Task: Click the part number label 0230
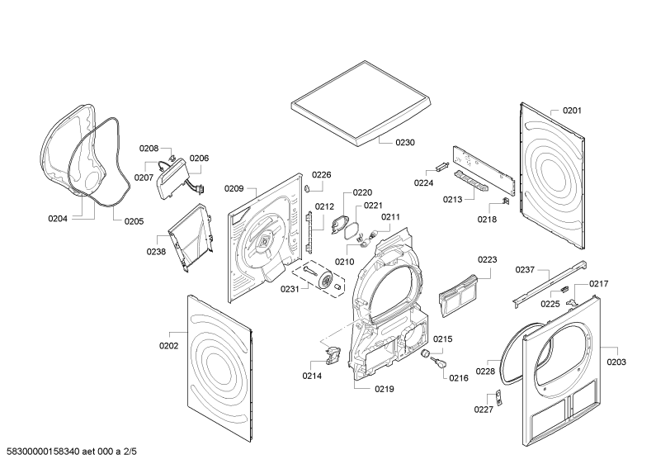404,143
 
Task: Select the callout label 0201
572,111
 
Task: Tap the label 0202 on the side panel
168,346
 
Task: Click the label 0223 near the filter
487,259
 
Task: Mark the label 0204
58,220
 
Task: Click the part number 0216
458,378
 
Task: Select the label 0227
483,409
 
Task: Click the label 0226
321,175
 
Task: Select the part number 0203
616,362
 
